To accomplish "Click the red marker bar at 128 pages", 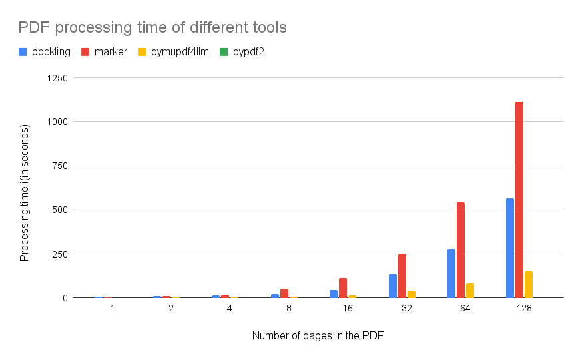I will coord(519,200).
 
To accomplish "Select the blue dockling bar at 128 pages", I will coord(510,248).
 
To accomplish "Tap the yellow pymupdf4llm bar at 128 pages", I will coord(529,284).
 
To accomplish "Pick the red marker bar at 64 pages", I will coord(461,250).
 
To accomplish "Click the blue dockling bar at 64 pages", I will coord(451,273).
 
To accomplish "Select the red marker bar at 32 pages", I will coord(402,275).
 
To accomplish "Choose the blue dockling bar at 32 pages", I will coord(393,286).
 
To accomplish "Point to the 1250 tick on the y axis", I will coord(58,78).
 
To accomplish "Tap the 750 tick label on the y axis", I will coord(60,166).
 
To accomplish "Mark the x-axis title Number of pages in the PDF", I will coord(318,336).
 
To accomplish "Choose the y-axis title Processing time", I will coord(25,192).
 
